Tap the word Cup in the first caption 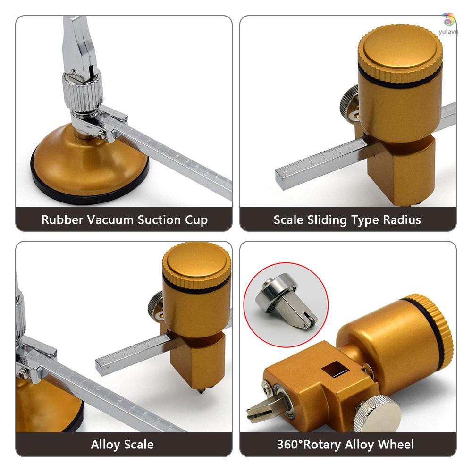pos(195,220)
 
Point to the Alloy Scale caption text pos(122,444)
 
